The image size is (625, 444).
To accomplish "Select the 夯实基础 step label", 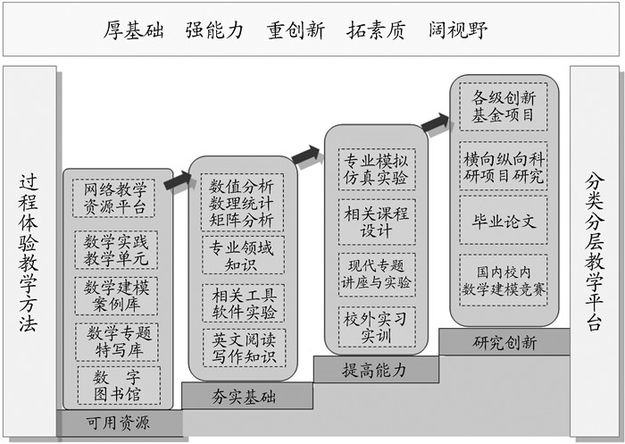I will (x=242, y=394).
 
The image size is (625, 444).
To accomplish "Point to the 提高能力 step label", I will (x=374, y=369).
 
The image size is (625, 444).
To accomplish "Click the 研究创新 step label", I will (x=504, y=342).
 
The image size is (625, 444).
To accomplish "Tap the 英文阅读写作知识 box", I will (x=242, y=348).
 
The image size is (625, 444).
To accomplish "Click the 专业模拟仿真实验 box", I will (x=376, y=170).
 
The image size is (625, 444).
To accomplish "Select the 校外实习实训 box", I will (x=376, y=327).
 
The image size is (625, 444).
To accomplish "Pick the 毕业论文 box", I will (x=504, y=221).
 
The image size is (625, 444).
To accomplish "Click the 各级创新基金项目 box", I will (x=504, y=106).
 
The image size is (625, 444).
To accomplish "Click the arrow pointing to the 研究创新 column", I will (x=435, y=124).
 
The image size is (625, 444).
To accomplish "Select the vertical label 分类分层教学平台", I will (x=596, y=253).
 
